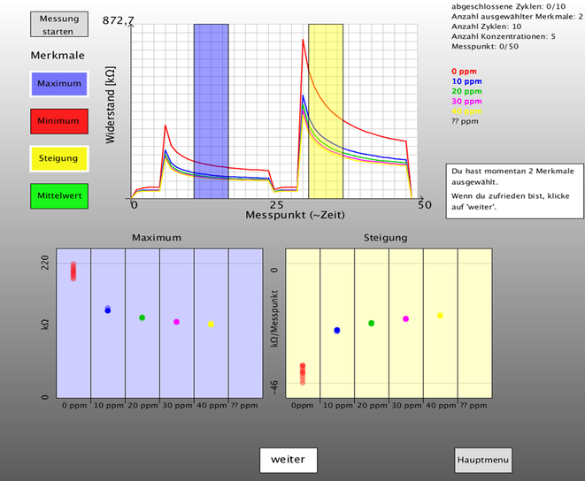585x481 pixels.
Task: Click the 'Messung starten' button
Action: (59, 25)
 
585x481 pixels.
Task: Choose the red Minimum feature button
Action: (59, 120)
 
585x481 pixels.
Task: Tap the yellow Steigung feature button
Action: (59, 158)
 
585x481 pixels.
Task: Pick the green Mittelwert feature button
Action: (59, 195)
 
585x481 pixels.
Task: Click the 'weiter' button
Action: (288, 460)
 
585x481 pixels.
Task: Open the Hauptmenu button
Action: (482, 460)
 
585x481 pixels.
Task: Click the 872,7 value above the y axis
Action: (119, 19)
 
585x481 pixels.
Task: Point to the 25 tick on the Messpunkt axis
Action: (278, 204)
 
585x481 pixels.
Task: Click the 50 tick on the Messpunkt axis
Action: (425, 204)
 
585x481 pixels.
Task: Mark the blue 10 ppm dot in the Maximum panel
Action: (108, 309)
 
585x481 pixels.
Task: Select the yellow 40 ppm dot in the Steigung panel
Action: (440, 316)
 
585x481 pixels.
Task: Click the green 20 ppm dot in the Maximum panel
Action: (142, 317)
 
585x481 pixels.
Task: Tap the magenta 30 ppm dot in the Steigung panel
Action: (405, 318)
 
